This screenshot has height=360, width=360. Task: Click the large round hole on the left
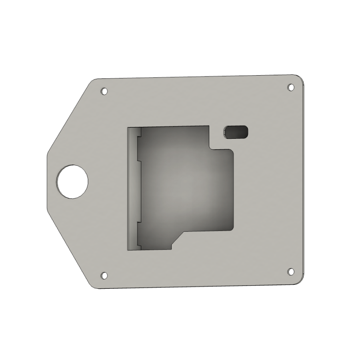[x=72, y=181]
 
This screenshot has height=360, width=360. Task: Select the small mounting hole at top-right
[x=291, y=87]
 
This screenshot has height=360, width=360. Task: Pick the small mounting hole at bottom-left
[x=104, y=275]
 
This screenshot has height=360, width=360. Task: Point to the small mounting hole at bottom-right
[x=291, y=271]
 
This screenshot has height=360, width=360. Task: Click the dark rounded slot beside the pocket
[x=236, y=132]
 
